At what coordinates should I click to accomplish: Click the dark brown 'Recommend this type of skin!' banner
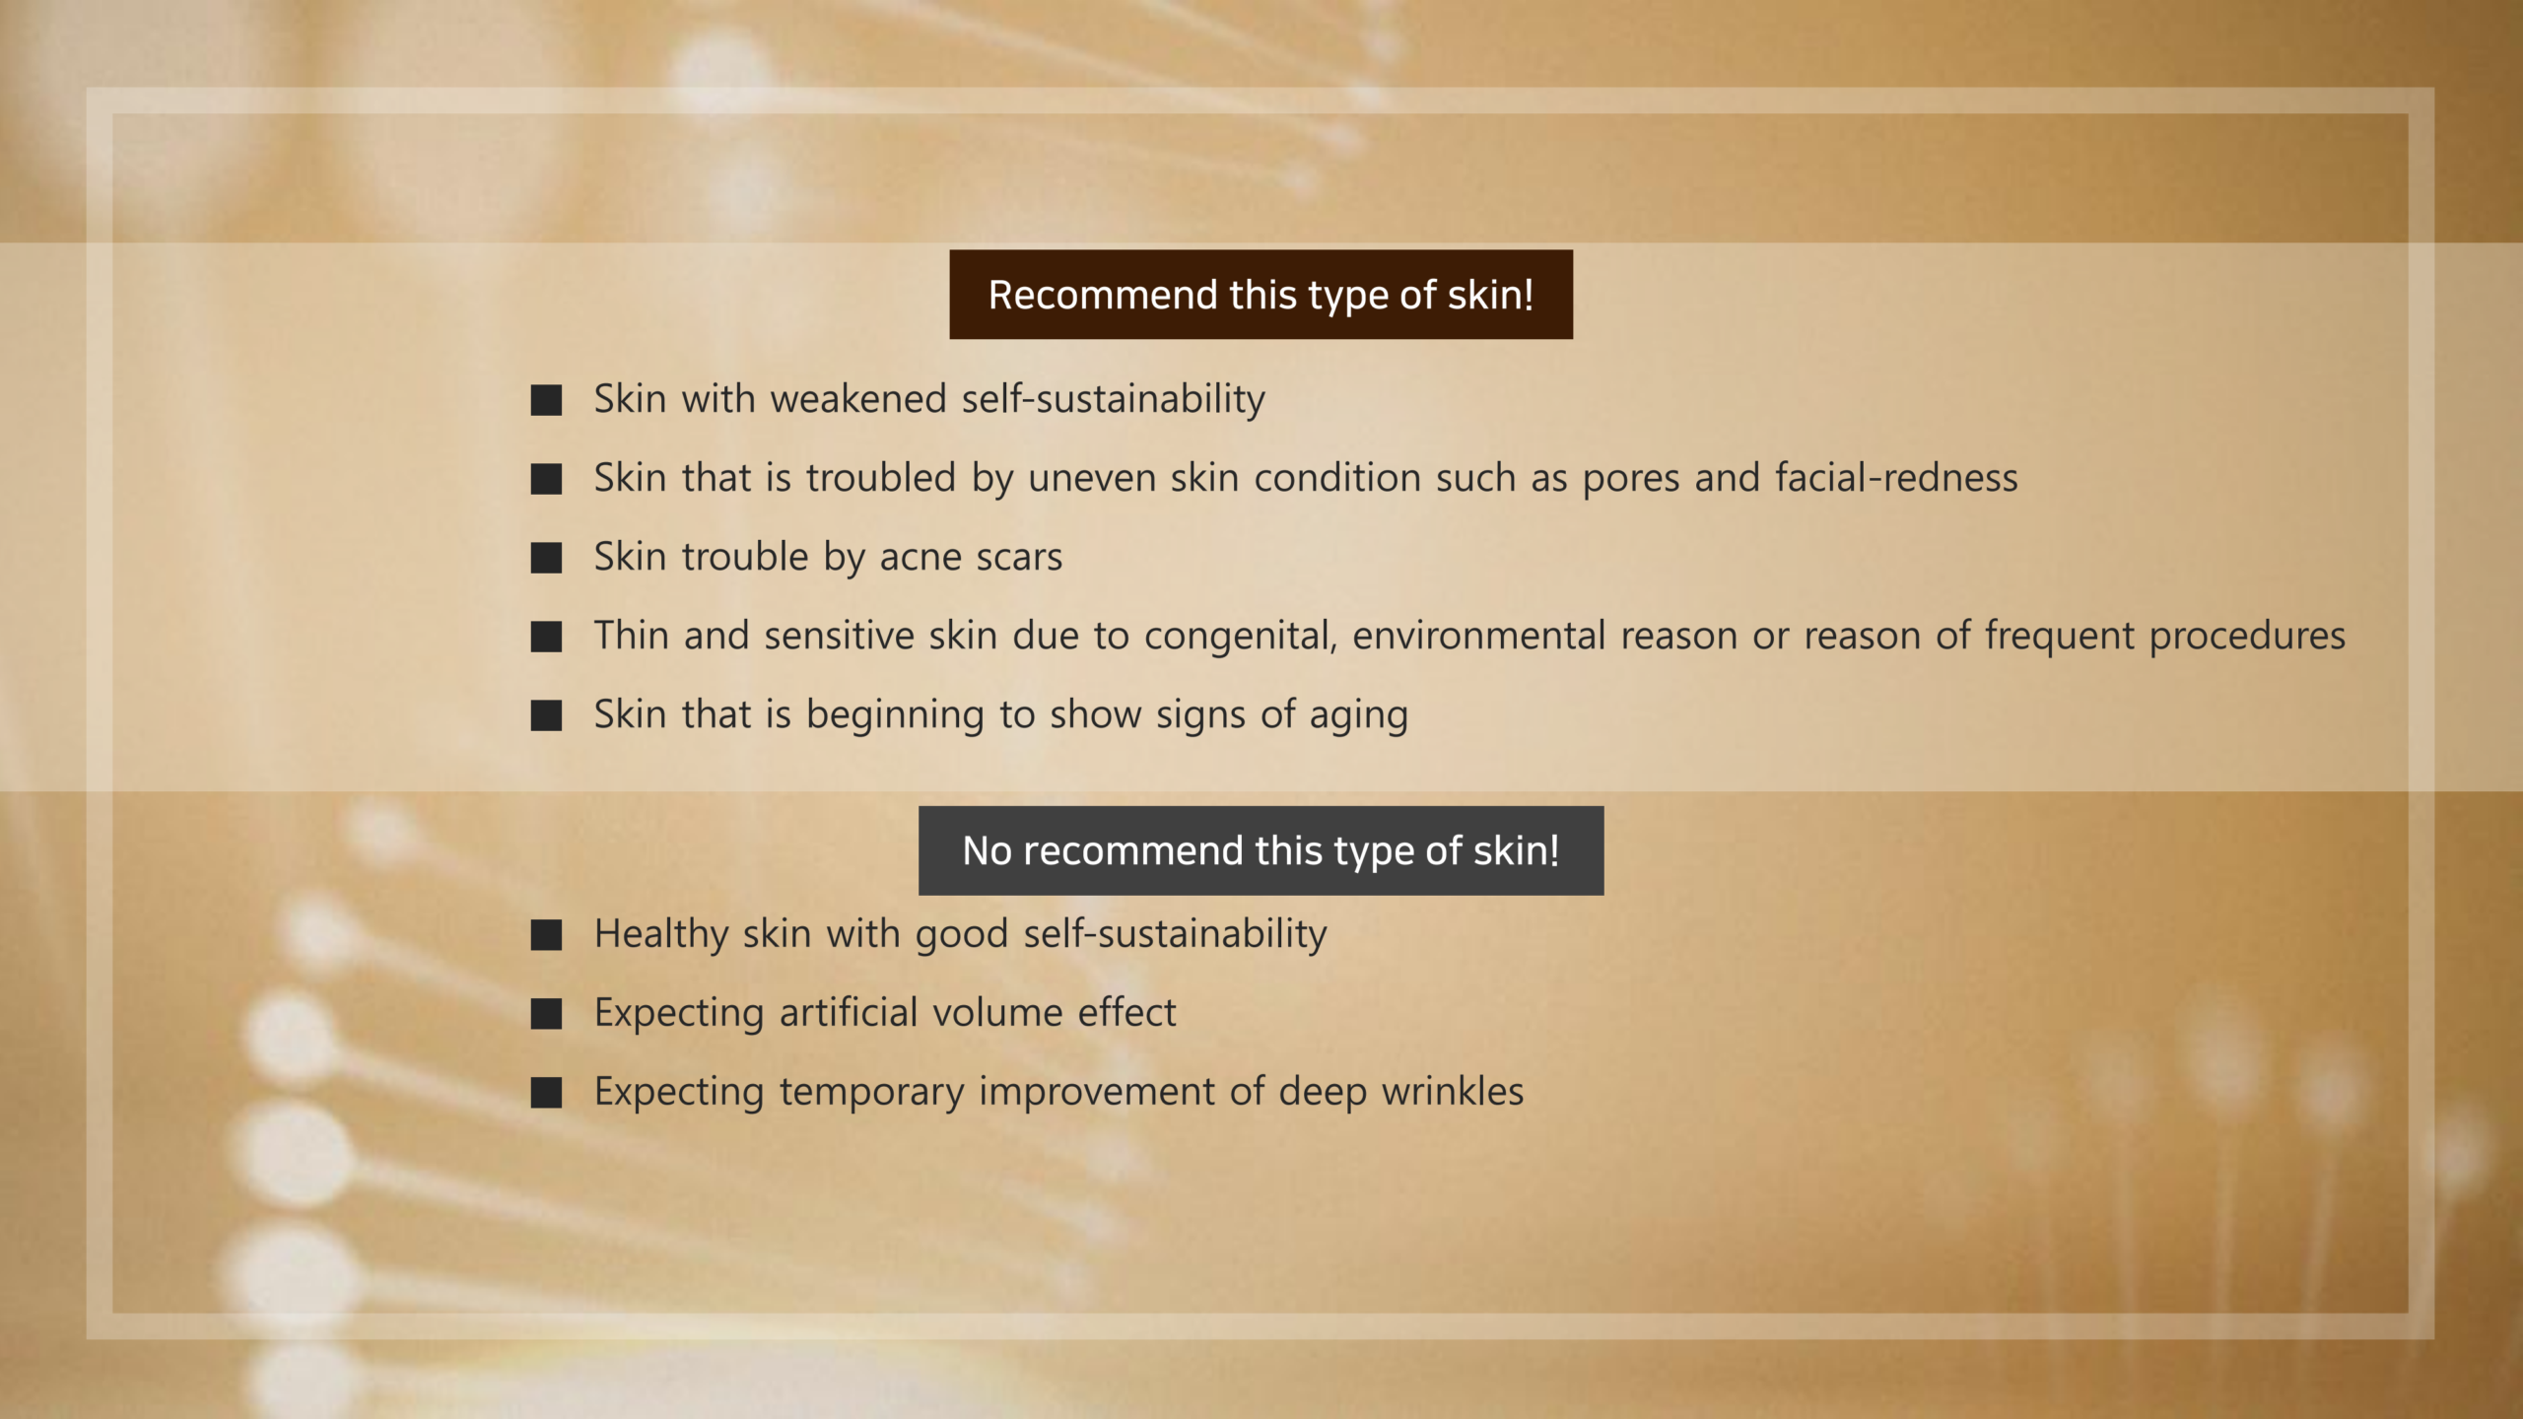1261,295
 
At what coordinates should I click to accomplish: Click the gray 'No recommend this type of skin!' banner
1261,850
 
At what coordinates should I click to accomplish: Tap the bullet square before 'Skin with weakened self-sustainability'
546,400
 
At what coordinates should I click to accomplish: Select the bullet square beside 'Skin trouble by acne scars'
546,558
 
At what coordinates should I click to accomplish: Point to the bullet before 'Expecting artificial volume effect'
546,1013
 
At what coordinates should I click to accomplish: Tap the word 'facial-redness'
1896,478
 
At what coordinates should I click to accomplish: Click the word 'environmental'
1479,636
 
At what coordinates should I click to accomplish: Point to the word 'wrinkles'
1453,1091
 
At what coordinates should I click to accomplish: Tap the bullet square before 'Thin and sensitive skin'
546,637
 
